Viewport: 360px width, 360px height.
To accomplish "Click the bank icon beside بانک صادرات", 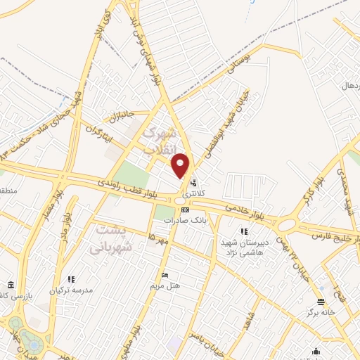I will coord(185,210).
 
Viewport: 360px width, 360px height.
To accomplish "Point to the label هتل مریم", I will coord(167,285).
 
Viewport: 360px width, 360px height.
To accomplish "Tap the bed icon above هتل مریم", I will coord(165,275).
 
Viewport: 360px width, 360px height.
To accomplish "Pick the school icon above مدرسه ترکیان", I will coord(70,279).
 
